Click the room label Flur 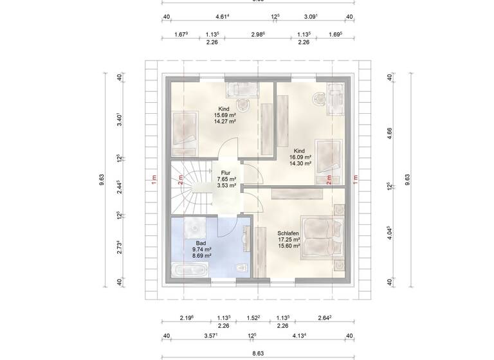click(226, 173)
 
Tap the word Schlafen click(288, 233)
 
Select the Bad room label click(200, 243)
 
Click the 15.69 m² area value click(224, 115)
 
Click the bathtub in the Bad click(188, 270)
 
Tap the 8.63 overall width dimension click(257, 353)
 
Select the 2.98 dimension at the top click(257, 35)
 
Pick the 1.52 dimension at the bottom click(253, 317)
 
